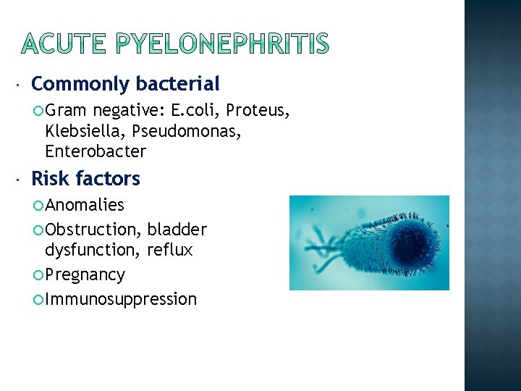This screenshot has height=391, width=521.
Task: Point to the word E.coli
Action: pos(195,111)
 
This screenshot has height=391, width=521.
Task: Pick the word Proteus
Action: pos(258,111)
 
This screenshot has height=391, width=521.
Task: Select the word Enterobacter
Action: pos(96,152)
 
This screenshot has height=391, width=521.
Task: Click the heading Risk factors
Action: pos(85,179)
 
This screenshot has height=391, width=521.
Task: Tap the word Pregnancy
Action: pos(85,275)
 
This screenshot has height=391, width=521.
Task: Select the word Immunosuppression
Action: pos(121,299)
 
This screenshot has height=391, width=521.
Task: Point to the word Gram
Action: pos(66,111)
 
